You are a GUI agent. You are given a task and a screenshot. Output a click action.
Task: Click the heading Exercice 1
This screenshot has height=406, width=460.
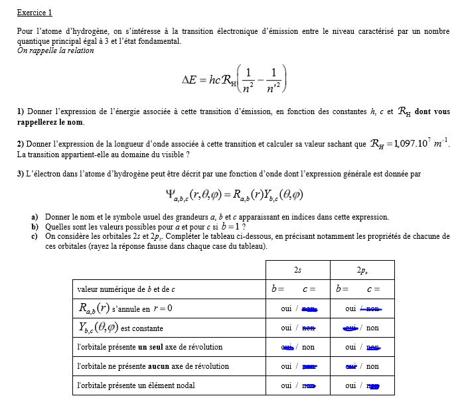[x=35, y=13]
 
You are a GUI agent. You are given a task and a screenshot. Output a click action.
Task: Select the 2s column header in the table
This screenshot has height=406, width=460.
[x=297, y=270]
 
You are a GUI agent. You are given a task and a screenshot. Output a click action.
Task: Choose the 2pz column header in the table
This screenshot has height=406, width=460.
[x=362, y=270]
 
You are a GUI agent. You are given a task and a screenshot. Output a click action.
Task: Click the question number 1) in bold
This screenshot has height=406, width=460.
[x=21, y=112]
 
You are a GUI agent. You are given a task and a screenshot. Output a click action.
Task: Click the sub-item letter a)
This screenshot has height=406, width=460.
[x=35, y=217]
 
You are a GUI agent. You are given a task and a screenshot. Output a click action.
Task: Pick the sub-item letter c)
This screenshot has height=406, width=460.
[x=35, y=236]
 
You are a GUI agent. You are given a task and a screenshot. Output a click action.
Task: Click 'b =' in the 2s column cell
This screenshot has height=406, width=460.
[x=278, y=289]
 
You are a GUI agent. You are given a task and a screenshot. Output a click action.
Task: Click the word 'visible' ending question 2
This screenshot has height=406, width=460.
[x=174, y=155]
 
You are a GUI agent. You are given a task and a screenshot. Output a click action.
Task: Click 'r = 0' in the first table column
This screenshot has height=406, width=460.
[x=163, y=308]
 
